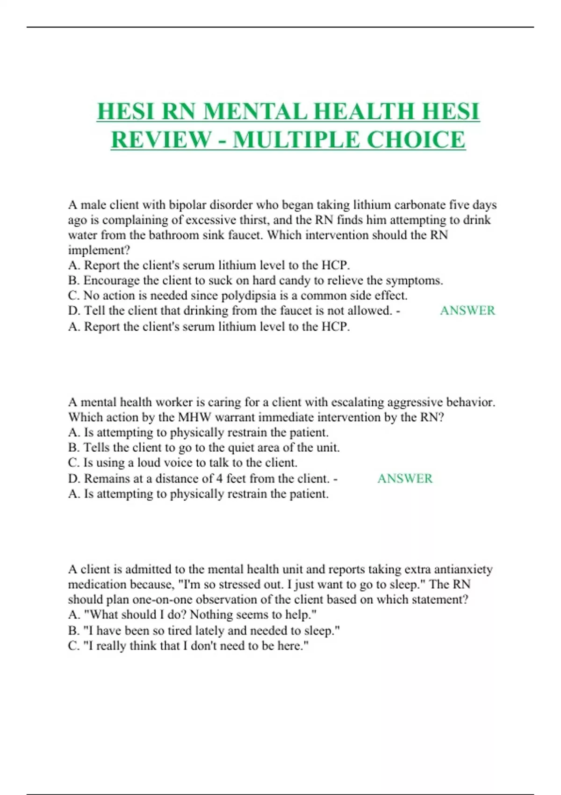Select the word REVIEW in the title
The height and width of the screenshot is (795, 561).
coord(161,140)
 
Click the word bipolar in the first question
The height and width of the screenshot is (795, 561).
coord(187,205)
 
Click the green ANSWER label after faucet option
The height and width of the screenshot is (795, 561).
coord(467,311)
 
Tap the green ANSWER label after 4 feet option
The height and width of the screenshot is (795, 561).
coord(405,478)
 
